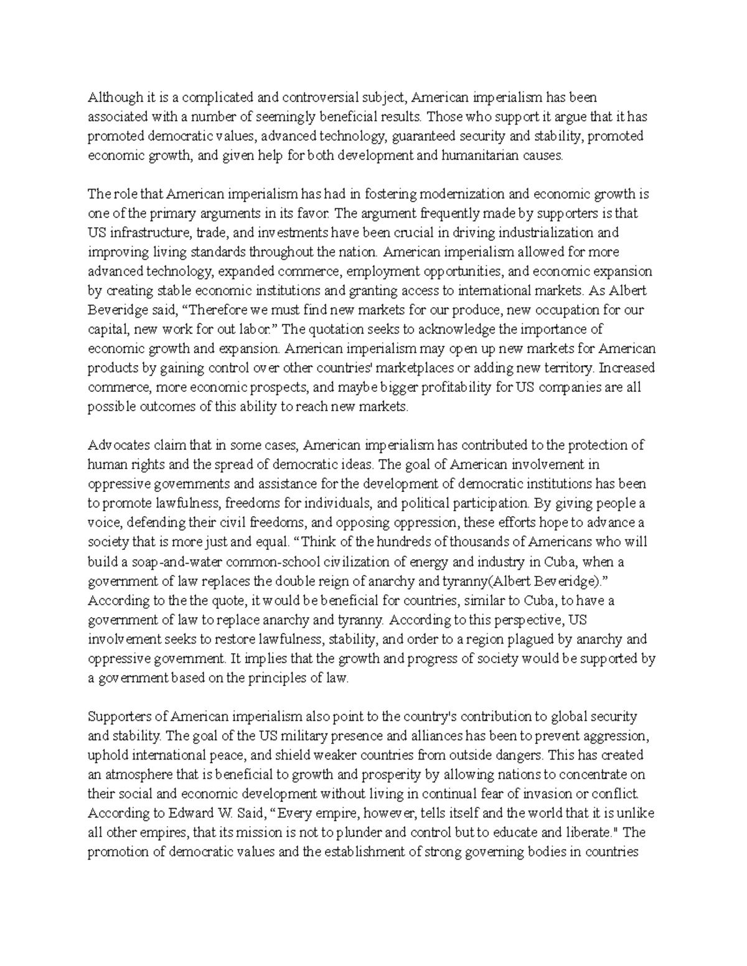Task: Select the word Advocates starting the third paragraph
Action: tap(116, 445)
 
